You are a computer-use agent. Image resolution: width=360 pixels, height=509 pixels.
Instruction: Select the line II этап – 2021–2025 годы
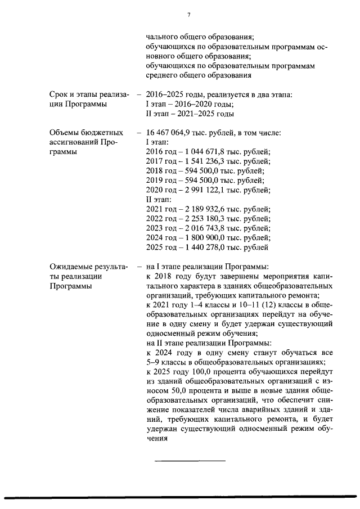pos(190,114)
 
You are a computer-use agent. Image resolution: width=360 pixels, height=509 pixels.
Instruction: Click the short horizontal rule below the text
pos(190,461)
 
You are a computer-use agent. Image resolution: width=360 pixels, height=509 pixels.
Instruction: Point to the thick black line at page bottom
pos(180,496)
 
